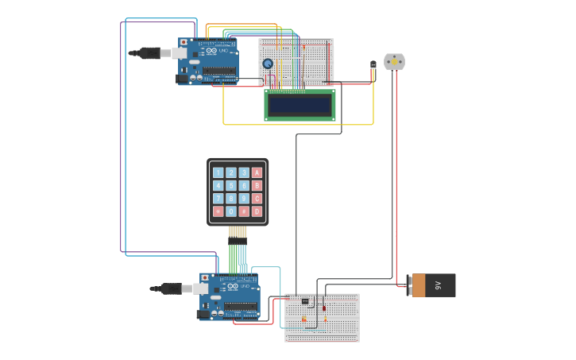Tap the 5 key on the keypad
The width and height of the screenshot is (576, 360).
coord(231,185)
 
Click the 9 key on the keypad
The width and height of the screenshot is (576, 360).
coord(244,199)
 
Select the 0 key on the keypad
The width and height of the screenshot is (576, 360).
coord(231,211)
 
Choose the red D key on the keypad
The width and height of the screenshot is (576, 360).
coord(257,211)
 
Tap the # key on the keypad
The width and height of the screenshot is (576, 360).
coord(244,211)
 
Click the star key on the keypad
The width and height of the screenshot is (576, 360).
coord(218,211)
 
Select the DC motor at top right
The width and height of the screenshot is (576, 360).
coord(394,61)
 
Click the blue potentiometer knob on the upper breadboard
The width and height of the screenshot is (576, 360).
coord(268,64)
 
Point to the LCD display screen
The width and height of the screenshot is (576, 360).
coord(300,105)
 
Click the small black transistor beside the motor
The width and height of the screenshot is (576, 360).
coord(373,65)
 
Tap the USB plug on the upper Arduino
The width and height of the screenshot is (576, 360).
coord(151,53)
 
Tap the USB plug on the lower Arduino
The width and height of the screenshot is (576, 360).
coord(172,288)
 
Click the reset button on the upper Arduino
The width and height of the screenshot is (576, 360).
coord(184,42)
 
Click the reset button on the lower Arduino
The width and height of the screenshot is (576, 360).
coord(205,277)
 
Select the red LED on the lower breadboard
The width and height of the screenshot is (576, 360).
coord(324,308)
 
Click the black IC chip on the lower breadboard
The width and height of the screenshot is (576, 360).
coord(305,301)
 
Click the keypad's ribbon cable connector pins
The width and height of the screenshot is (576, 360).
coord(238,239)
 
